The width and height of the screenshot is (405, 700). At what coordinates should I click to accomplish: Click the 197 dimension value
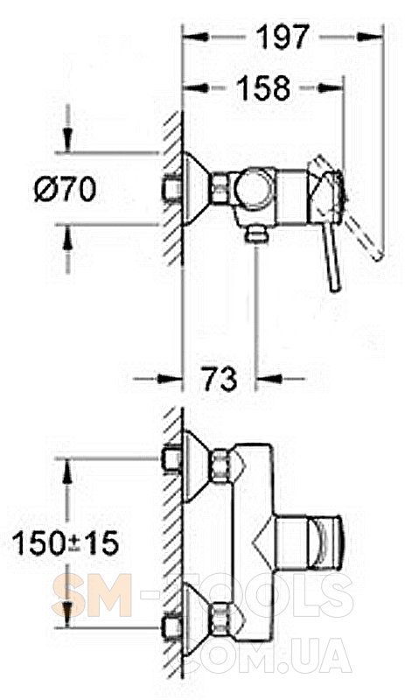(x=283, y=37)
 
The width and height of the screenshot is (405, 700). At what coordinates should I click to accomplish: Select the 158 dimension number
(x=263, y=87)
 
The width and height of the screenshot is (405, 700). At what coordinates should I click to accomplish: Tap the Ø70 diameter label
(x=66, y=188)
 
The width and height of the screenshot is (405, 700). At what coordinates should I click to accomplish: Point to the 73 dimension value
(x=219, y=379)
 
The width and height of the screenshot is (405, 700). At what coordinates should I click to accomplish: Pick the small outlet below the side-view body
(x=257, y=234)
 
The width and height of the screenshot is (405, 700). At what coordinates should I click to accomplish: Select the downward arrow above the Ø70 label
(x=67, y=140)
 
